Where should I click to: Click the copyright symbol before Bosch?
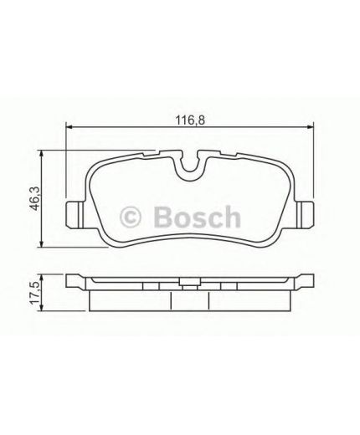click(x=132, y=217)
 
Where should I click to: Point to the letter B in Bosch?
click(x=162, y=217)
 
